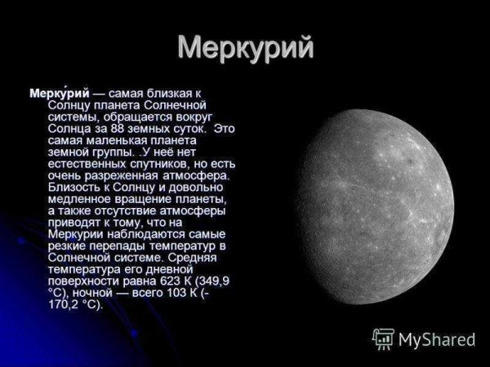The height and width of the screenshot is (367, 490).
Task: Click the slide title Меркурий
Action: click(245, 47)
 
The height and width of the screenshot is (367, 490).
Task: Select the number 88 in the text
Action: click(120, 129)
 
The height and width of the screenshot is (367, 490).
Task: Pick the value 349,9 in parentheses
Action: click(213, 281)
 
